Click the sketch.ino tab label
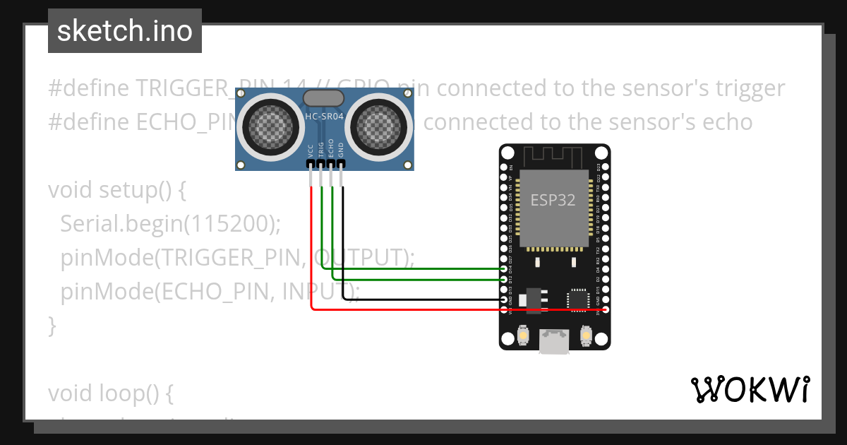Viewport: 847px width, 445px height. [124, 31]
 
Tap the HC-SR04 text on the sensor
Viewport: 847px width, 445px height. [324, 116]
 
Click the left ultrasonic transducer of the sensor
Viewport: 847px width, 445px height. [268, 127]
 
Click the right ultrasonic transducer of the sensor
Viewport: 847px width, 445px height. [381, 127]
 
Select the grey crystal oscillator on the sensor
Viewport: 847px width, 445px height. [324, 98]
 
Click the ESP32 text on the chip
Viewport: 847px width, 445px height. [553, 200]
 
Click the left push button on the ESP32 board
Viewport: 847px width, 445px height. [524, 334]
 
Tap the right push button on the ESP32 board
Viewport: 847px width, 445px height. [585, 334]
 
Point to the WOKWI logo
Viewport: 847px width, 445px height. [750, 388]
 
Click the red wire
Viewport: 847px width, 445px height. [423, 309]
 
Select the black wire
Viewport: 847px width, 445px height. [423, 300]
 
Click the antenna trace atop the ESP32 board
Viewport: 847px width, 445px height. [554, 155]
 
